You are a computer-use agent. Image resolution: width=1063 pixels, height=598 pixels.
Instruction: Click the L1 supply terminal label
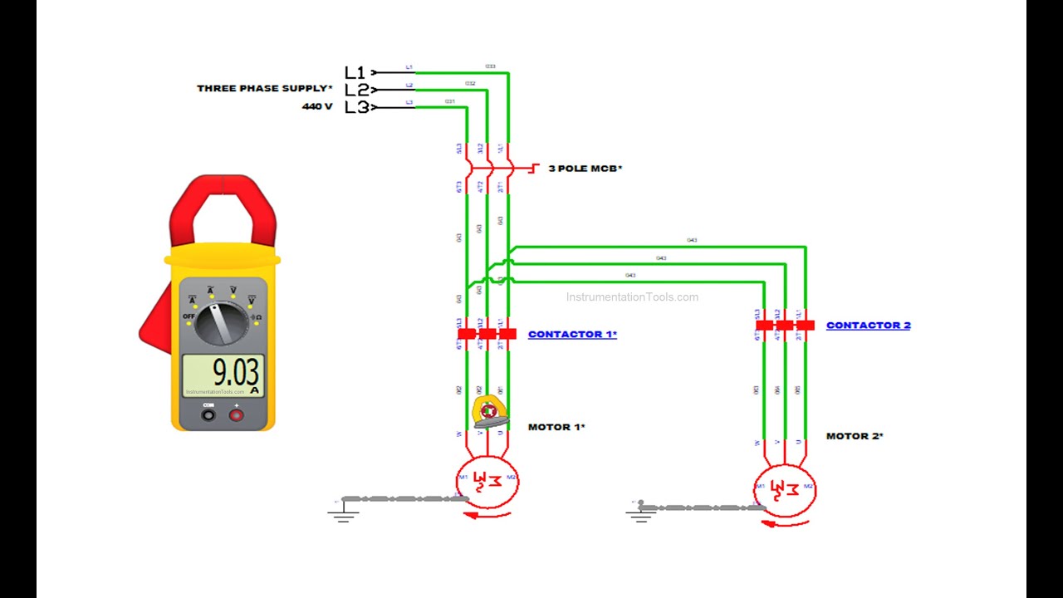[355, 72]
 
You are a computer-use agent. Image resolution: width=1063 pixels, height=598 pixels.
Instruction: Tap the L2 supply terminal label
[356, 90]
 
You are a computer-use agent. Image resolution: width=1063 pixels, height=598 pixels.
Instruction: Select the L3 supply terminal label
[356, 107]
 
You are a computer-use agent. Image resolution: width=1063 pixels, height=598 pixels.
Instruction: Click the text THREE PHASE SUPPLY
[264, 88]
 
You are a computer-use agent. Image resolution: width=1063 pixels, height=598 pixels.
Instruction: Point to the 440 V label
[316, 106]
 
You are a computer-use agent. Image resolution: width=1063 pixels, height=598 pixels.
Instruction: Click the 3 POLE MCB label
[585, 169]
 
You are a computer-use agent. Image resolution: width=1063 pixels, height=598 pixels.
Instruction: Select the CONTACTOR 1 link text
[572, 335]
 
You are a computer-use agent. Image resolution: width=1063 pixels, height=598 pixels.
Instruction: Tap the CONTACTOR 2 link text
[868, 326]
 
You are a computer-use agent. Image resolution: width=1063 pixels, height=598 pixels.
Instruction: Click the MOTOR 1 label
[556, 427]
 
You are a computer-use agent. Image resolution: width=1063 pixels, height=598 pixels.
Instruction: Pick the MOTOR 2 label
[854, 436]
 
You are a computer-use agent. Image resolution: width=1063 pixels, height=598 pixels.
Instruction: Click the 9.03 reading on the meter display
[235, 370]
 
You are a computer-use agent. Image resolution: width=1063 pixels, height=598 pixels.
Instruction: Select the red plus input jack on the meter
[236, 414]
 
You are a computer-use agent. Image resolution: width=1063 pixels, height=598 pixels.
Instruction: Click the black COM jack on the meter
[208, 414]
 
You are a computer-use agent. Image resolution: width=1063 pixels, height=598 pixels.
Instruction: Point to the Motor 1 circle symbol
[487, 481]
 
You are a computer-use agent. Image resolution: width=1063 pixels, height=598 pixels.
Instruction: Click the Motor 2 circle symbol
[785, 489]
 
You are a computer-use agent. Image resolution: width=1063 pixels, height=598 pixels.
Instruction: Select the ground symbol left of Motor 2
[639, 515]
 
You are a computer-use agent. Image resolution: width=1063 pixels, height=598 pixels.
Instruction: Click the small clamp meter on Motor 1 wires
[489, 413]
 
